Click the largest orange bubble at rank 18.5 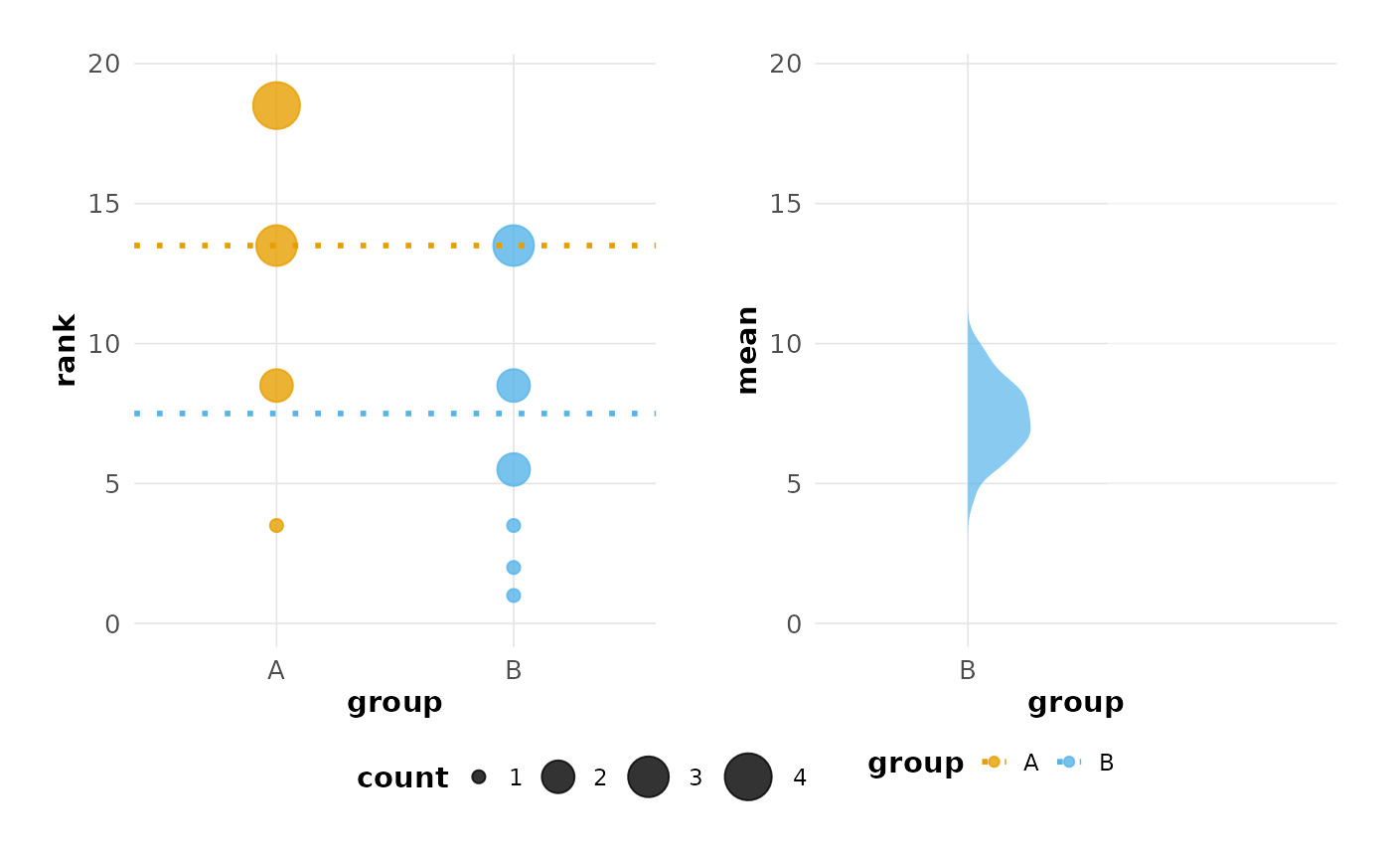click(276, 105)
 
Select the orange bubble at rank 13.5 click(276, 245)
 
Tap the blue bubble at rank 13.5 click(514, 245)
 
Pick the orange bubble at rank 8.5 click(276, 385)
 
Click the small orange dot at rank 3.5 click(276, 525)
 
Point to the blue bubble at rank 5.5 click(514, 469)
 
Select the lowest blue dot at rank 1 click(514, 596)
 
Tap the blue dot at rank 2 click(514, 568)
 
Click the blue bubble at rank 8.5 click(514, 385)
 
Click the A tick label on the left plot click(276, 671)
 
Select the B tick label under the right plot click(968, 671)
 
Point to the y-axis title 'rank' click(66, 350)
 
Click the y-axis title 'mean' click(747, 350)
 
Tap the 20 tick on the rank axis click(104, 64)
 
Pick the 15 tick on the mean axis click(786, 204)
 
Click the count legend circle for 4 click(748, 776)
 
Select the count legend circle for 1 click(479, 776)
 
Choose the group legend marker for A click(994, 762)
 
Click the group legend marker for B click(1069, 762)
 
